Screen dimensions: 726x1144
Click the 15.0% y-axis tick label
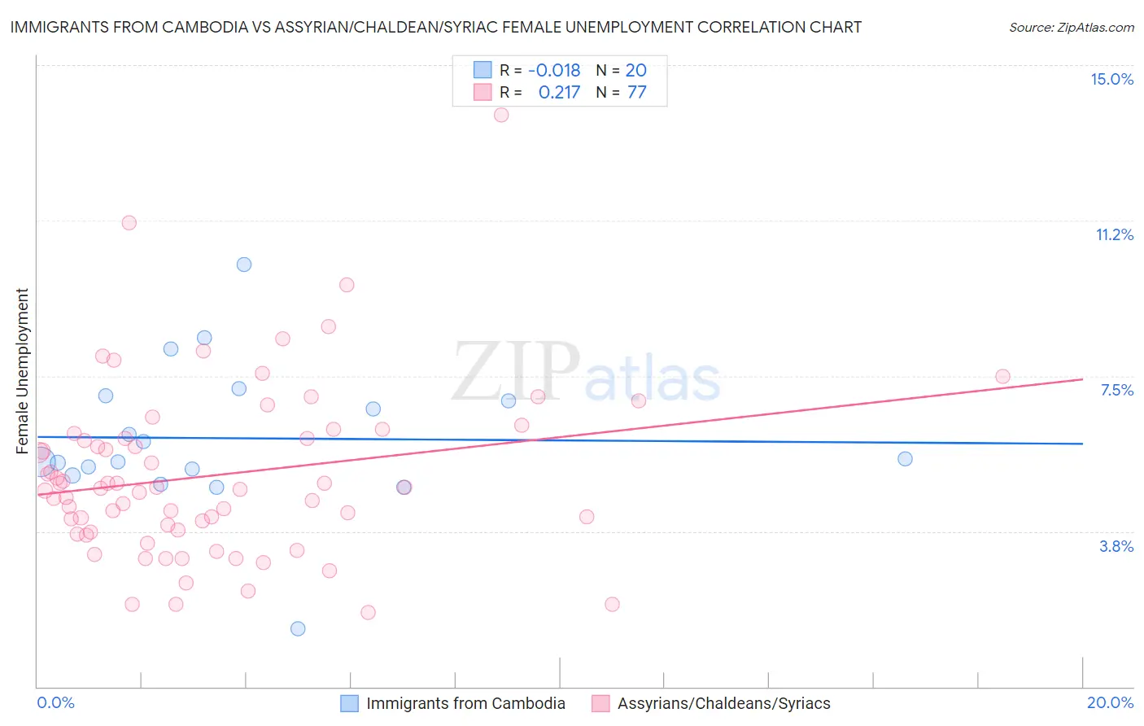coord(1111,79)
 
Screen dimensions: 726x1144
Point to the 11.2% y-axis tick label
coord(1114,234)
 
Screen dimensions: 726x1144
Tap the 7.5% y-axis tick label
coord(1116,390)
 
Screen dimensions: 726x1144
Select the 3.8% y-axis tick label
coord(1116,546)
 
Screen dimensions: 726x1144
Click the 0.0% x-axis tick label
coord(55,702)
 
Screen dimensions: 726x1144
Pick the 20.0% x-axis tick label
coord(1110,702)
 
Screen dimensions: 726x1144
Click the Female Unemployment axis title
coord(22,371)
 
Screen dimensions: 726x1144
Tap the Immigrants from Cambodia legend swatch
coord(349,703)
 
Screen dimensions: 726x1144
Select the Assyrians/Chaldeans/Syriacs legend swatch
coord(600,703)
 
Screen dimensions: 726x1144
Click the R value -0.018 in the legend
coord(554,70)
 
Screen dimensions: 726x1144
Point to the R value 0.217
coord(559,93)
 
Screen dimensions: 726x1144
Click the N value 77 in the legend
coord(636,93)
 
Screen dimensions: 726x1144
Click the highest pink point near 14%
coord(501,115)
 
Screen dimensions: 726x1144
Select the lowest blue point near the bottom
coord(298,628)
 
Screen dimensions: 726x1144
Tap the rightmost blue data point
coord(905,459)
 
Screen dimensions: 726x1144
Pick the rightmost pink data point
coord(1002,377)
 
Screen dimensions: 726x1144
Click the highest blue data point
coord(244,265)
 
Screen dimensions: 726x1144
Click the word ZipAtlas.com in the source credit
coord(1096,28)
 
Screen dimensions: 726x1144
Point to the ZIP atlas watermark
coord(586,373)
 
